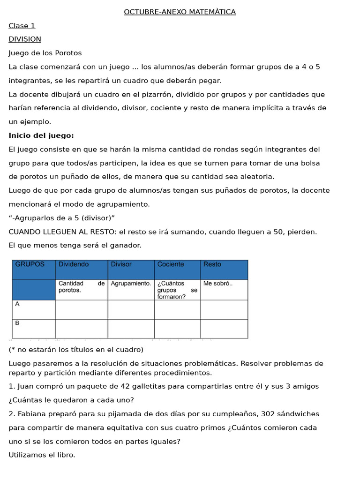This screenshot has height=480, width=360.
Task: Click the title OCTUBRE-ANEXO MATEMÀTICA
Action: point(180,12)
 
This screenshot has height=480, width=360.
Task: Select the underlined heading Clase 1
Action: point(22,26)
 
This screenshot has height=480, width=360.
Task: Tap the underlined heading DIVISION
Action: point(25,39)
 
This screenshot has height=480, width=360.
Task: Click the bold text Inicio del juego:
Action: point(41,135)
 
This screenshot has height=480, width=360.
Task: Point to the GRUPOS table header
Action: point(30,264)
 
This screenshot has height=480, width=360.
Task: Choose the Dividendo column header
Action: point(74,264)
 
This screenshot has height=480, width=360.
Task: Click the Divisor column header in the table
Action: point(121,264)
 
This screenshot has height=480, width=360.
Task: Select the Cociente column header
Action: point(171,264)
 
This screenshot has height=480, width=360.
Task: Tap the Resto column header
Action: point(212,264)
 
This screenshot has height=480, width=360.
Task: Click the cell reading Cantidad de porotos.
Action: point(81,287)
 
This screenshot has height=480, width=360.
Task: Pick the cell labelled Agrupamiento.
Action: point(131,284)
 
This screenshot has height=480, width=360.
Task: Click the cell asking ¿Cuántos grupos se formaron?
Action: point(177,290)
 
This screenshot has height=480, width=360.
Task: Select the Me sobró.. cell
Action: point(218,284)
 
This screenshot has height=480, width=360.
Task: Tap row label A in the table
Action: point(17,304)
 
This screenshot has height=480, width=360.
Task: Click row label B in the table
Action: point(17,323)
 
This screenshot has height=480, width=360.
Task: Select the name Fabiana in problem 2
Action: point(31,414)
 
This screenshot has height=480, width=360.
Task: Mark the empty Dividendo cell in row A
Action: point(82,309)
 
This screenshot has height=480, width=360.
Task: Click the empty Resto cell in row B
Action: point(224,329)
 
